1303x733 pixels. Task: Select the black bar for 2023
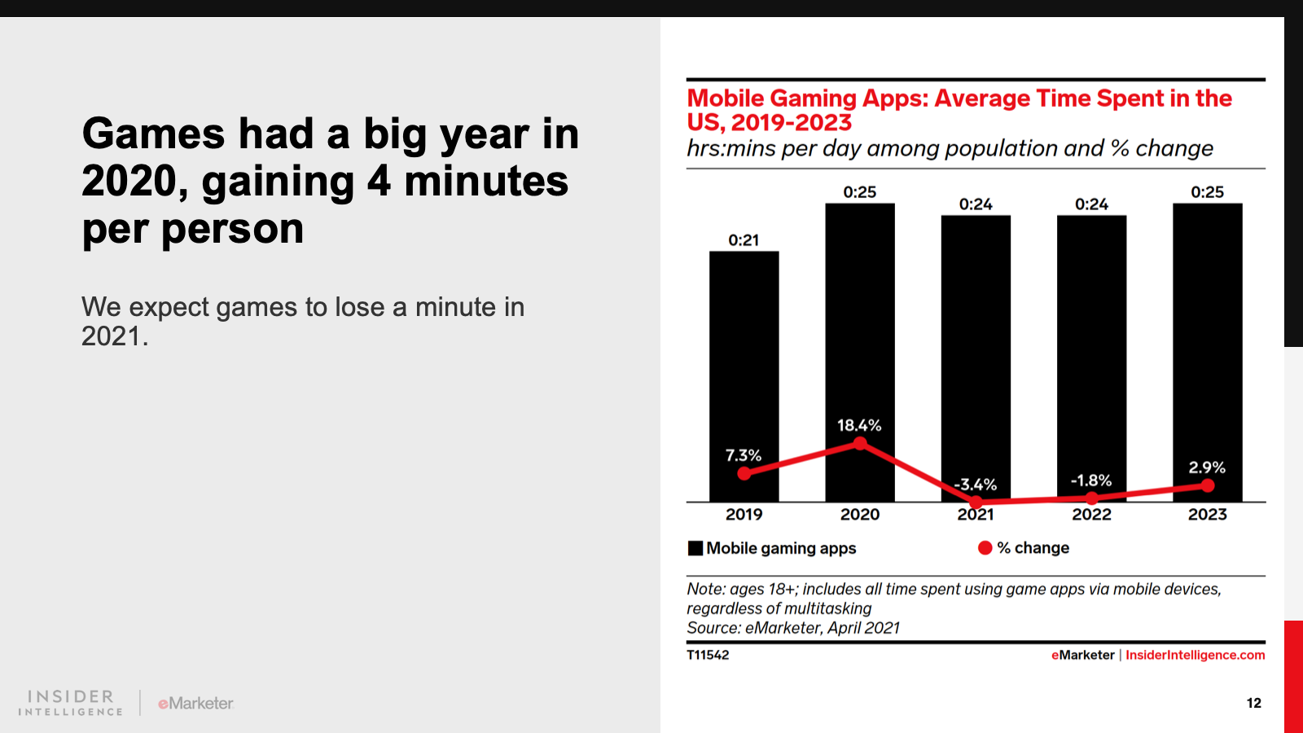point(1207,342)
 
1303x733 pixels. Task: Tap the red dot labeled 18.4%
point(860,443)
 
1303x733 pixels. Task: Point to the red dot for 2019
point(744,473)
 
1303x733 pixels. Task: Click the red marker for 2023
point(1207,485)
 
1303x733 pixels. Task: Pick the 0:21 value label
point(744,240)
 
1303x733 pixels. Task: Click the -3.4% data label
point(976,485)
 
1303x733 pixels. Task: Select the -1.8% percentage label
point(1091,481)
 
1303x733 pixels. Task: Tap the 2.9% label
point(1207,467)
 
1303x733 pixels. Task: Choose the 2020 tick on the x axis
point(860,515)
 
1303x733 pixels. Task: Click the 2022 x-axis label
point(1091,515)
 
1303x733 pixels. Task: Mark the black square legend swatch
point(695,548)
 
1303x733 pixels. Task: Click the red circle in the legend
point(985,548)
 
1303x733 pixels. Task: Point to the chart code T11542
point(708,655)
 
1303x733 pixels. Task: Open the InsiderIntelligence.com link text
point(1195,655)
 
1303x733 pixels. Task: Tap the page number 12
point(1253,703)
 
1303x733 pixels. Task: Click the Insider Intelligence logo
point(71,703)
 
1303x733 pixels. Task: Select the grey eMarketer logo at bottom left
point(195,703)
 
